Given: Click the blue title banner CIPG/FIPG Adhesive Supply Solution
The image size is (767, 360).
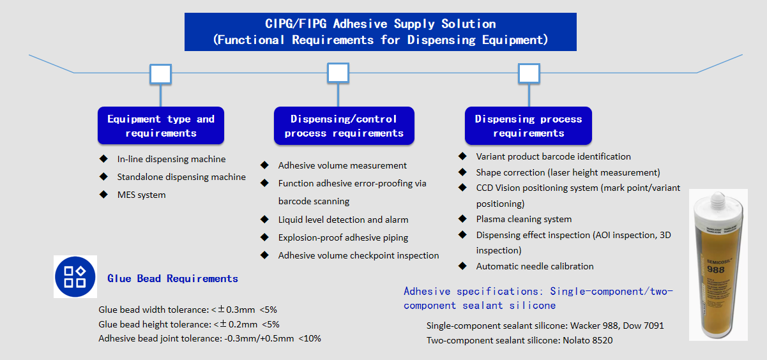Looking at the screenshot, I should (x=380, y=32).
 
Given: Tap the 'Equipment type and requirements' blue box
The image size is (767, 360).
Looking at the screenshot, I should (x=161, y=126).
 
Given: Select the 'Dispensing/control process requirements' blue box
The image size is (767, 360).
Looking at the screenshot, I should (x=344, y=126).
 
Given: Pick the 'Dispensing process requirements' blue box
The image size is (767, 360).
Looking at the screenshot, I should (x=528, y=126).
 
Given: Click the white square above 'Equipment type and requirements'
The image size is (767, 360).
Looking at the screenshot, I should (x=160, y=74).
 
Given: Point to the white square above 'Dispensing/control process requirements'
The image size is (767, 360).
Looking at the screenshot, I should (x=338, y=73).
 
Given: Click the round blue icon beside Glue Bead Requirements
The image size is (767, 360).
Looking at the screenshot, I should (x=75, y=276).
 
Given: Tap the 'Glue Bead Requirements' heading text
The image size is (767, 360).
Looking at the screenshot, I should (x=172, y=278).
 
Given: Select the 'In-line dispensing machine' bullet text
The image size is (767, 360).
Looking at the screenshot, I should (x=171, y=159).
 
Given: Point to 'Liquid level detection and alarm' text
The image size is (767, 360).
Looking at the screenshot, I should (x=343, y=220).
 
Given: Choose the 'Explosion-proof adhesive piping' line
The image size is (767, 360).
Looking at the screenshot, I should (x=343, y=237).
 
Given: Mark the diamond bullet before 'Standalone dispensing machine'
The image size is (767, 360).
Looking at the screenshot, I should (x=103, y=176).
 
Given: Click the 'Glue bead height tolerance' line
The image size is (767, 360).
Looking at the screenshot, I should (x=188, y=324).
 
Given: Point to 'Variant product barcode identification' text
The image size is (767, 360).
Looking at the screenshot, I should (x=553, y=156).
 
